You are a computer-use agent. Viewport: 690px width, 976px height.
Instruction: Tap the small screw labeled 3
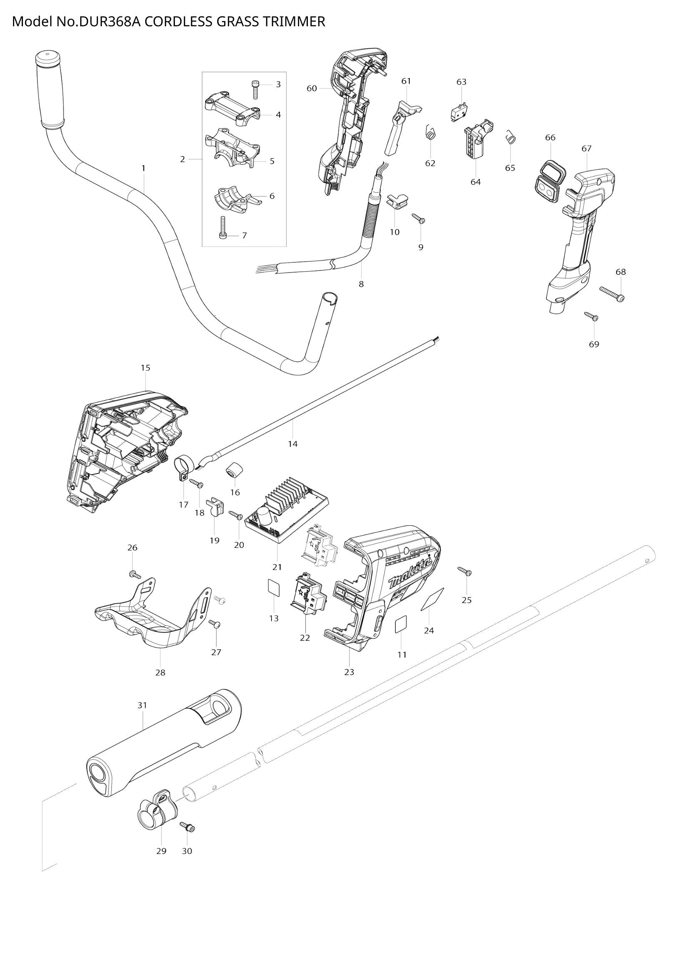[255, 90]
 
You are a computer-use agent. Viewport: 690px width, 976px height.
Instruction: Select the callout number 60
[312, 88]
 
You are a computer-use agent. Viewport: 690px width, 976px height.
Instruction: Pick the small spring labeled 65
[511, 137]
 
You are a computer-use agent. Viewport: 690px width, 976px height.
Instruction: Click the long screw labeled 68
[612, 294]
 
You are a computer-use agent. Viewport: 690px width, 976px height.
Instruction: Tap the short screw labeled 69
[592, 316]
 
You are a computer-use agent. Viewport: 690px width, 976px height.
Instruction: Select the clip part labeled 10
[397, 199]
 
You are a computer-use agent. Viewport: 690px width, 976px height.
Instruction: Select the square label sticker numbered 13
[273, 588]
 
